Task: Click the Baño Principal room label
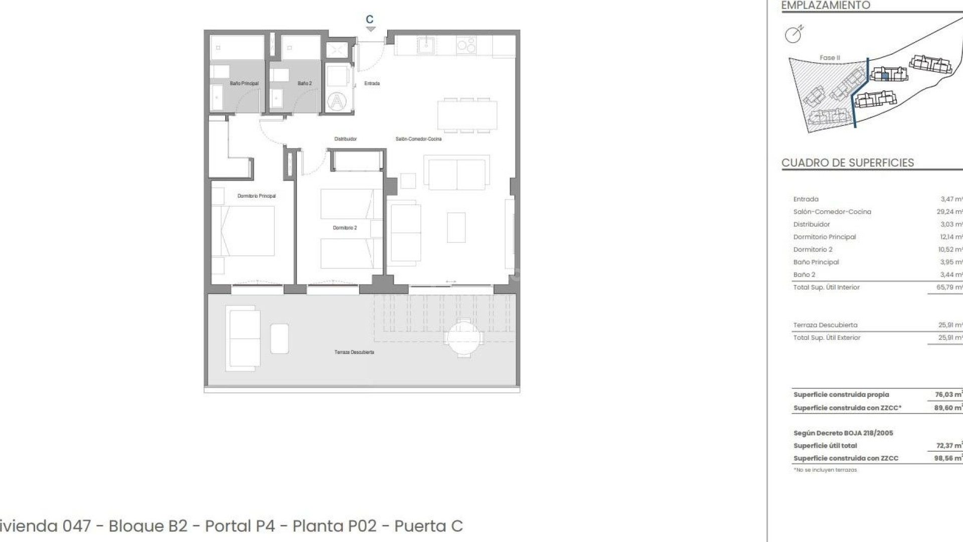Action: click(x=244, y=83)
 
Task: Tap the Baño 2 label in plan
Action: click(x=304, y=83)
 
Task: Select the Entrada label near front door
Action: click(x=372, y=83)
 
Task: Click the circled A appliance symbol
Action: click(x=337, y=102)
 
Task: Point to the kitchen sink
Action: click(x=426, y=46)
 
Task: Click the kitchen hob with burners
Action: click(x=466, y=46)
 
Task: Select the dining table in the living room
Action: click(x=467, y=115)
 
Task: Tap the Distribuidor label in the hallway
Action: click(x=345, y=139)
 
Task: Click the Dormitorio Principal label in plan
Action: click(x=256, y=196)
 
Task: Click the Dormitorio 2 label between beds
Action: click(x=345, y=228)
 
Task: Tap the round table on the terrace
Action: click(x=464, y=338)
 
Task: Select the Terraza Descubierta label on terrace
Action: click(x=354, y=352)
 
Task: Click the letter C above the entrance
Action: click(x=370, y=20)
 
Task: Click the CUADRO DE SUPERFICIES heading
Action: click(x=848, y=163)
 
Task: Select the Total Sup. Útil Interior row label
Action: click(x=826, y=288)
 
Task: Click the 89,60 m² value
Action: click(x=947, y=408)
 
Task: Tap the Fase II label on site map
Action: click(x=830, y=58)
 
